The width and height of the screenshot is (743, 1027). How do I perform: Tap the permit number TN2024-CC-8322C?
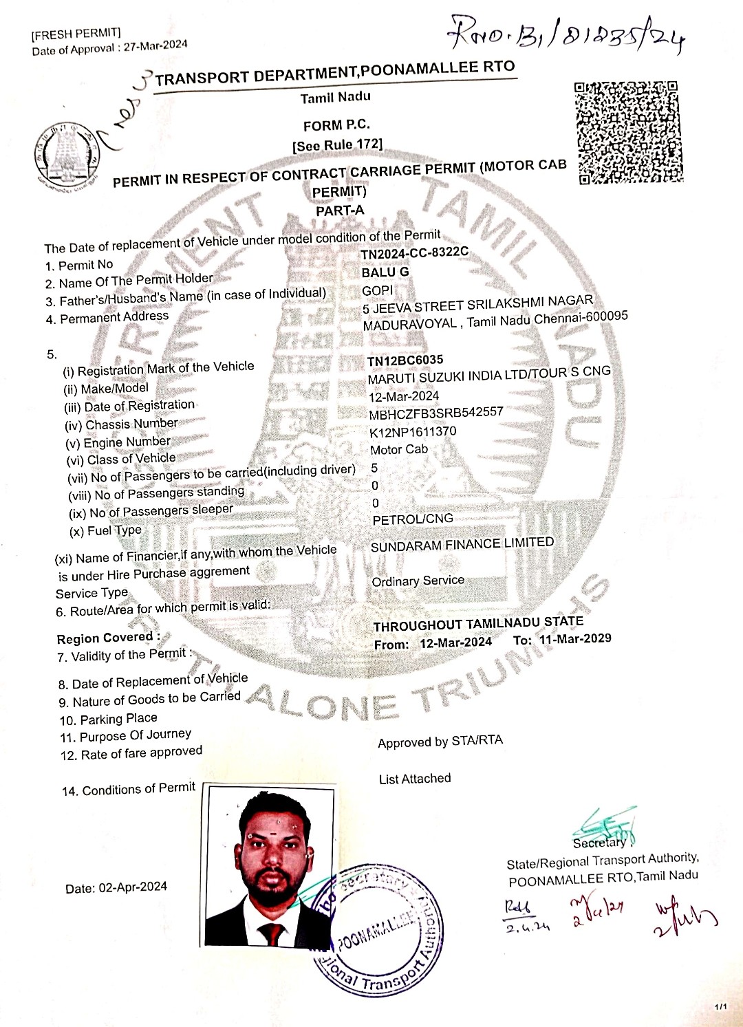coord(414,253)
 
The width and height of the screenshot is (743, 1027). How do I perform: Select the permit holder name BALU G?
coord(385,272)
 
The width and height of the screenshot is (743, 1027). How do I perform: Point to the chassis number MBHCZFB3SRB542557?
coord(436,413)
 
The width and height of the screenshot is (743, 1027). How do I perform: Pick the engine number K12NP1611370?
coord(413,432)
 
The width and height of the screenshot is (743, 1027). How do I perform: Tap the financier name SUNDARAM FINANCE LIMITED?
coord(462,544)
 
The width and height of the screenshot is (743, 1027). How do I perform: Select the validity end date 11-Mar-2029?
coord(575,639)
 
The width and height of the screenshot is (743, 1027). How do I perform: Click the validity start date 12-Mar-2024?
coord(455,642)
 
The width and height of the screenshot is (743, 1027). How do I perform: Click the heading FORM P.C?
coord(336,125)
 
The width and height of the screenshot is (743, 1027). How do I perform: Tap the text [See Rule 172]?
coord(337,145)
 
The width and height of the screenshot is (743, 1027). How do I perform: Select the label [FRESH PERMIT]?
coord(76,34)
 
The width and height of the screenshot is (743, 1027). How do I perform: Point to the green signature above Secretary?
coord(605,823)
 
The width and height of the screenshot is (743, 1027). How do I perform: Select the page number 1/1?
coord(720,1007)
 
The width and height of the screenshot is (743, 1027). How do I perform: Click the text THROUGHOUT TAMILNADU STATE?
coord(478,623)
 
